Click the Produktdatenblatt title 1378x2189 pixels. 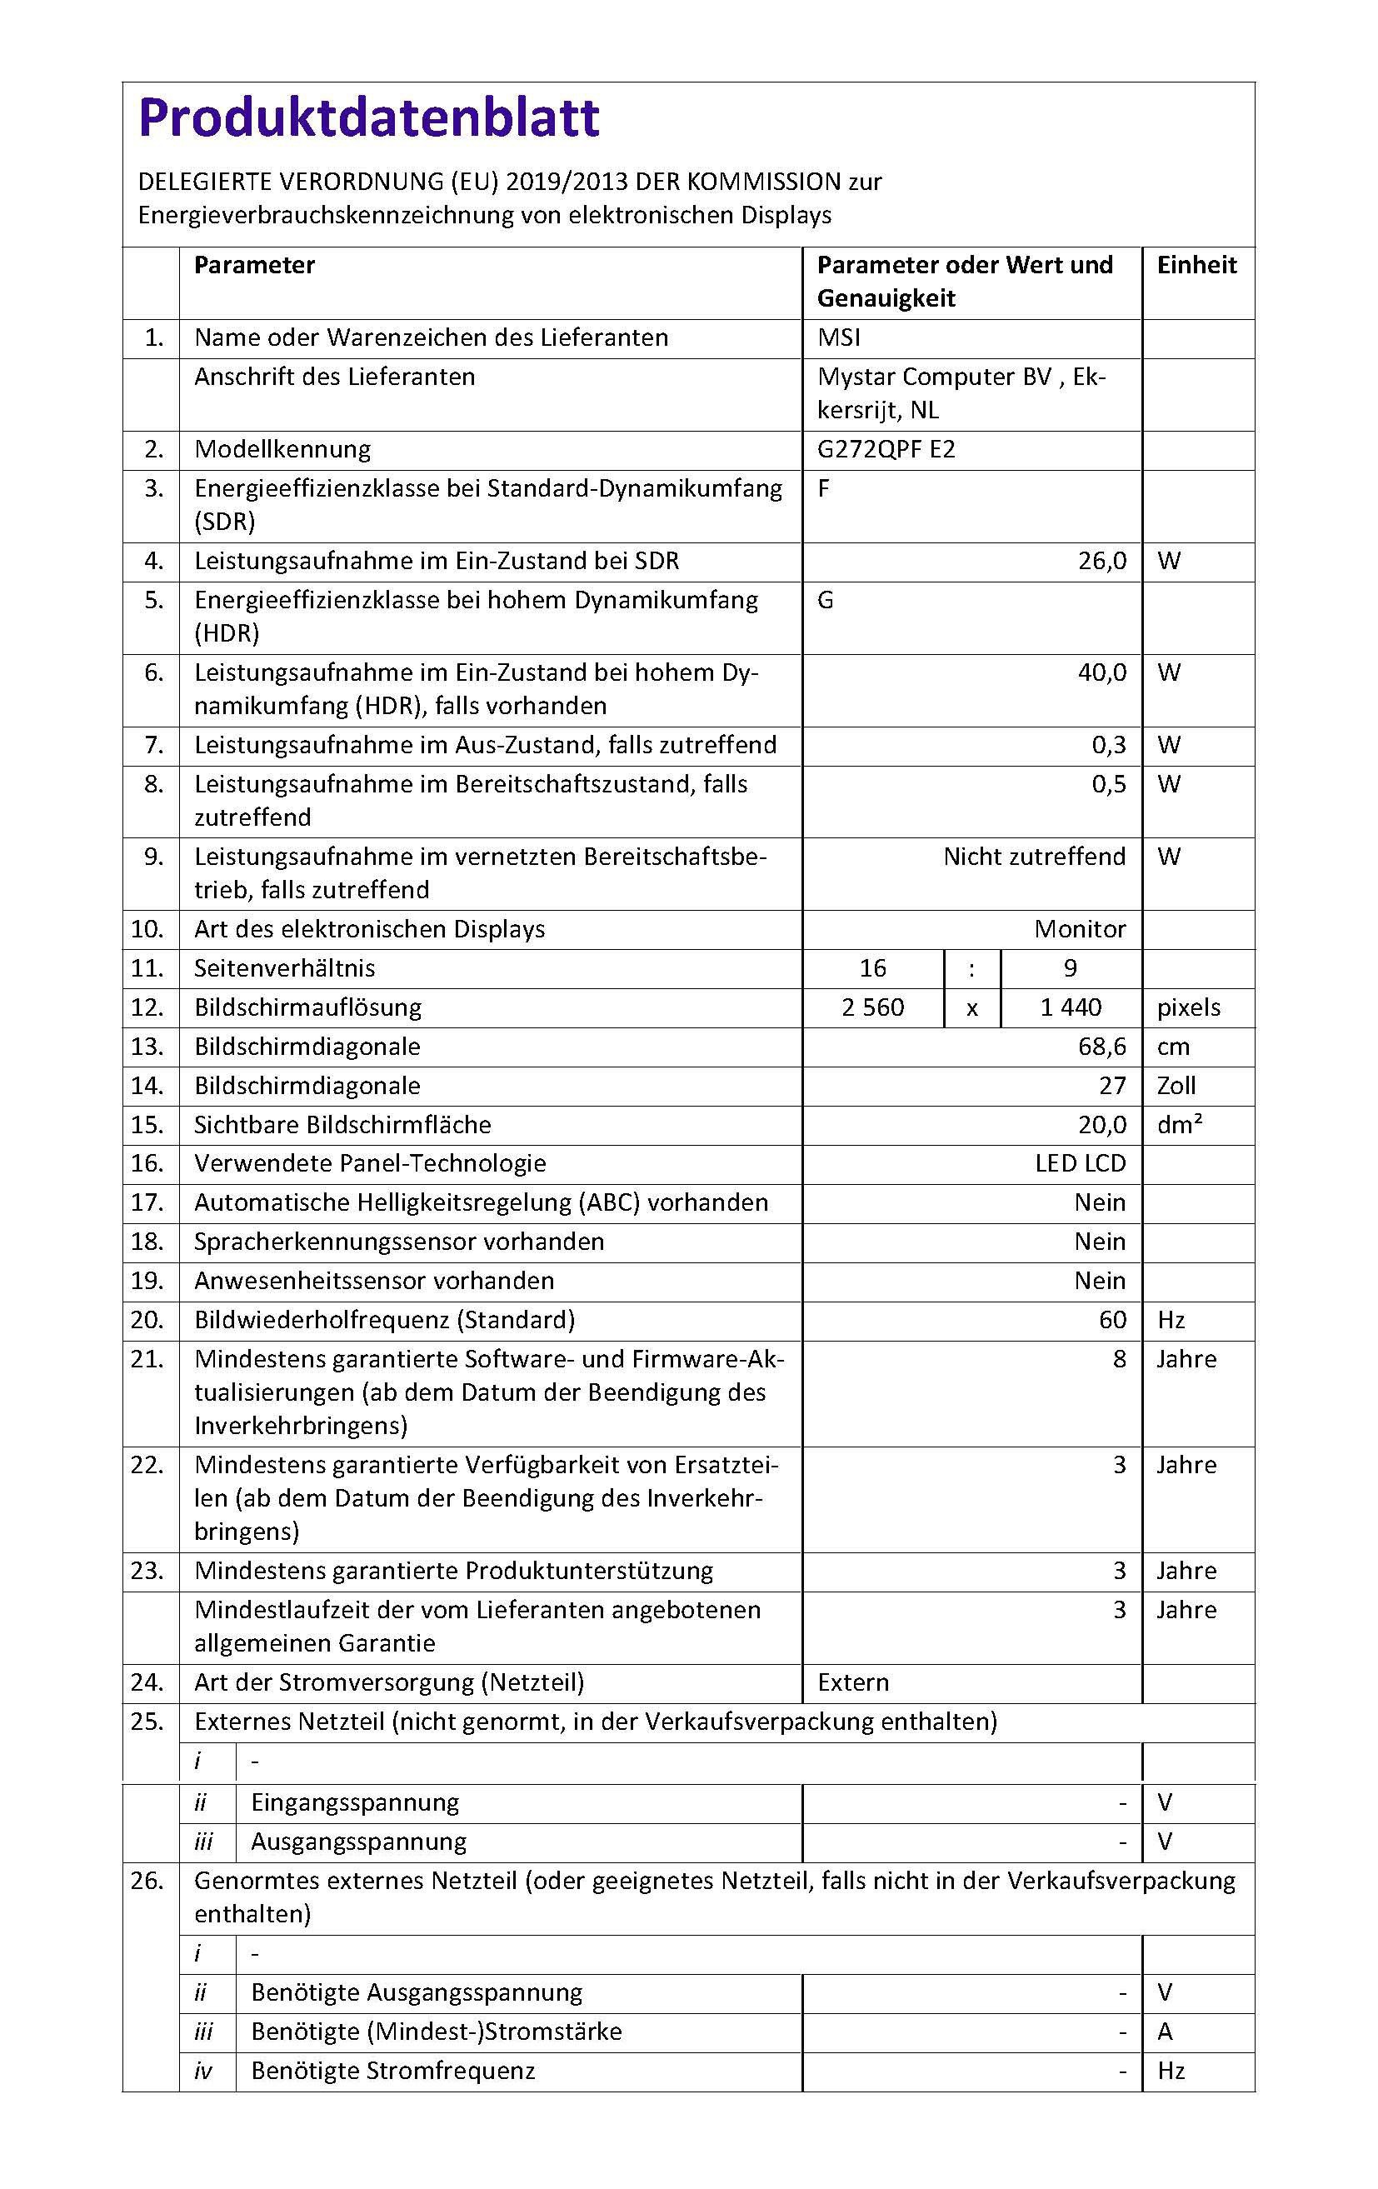369,117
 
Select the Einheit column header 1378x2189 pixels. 1196,266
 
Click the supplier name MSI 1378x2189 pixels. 838,338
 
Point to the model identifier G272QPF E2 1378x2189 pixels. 886,450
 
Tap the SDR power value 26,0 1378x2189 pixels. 1101,561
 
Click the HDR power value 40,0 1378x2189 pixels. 1101,672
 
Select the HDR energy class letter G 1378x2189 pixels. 826,600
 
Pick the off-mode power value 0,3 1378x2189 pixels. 1109,746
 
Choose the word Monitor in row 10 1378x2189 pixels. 1080,929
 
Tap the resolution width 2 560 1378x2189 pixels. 872,1007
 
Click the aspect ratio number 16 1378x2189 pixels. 872,968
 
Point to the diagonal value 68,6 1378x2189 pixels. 1101,1047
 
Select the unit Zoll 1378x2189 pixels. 1176,1086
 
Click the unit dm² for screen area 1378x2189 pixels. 1180,1125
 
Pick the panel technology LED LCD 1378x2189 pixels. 1080,1163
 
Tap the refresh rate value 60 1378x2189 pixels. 1112,1320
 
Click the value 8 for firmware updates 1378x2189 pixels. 1119,1359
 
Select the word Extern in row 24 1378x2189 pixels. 852,1682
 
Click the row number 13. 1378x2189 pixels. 147,1047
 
